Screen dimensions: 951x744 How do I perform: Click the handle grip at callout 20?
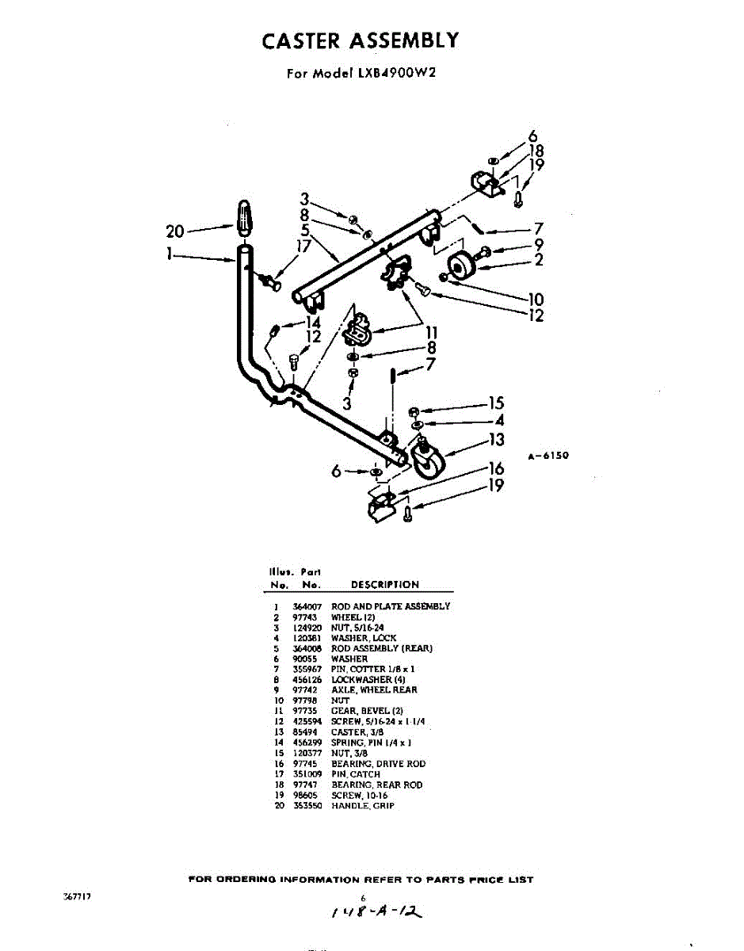pyautogui.click(x=246, y=219)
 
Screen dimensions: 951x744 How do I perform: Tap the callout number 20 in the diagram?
pyautogui.click(x=175, y=231)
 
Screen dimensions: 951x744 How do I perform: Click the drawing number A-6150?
pyautogui.click(x=548, y=456)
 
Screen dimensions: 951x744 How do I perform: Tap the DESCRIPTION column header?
pyautogui.click(x=385, y=585)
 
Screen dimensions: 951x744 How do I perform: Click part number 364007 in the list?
pyautogui.click(x=307, y=606)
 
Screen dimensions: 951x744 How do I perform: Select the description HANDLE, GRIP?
pyautogui.click(x=362, y=805)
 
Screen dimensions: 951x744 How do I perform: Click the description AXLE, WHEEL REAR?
pyautogui.click(x=374, y=689)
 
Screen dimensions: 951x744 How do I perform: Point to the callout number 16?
pyautogui.click(x=496, y=469)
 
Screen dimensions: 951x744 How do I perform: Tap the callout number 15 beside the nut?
pyautogui.click(x=496, y=403)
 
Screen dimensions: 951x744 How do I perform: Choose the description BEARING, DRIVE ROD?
pyautogui.click(x=378, y=763)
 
